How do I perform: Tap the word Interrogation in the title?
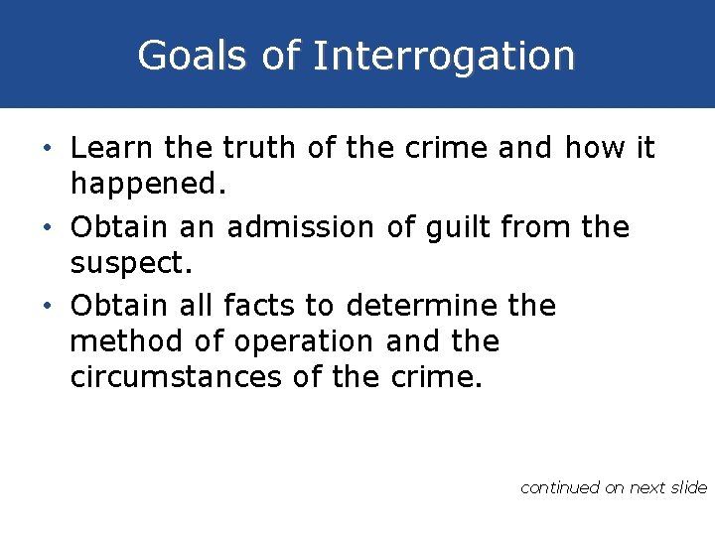click(x=444, y=57)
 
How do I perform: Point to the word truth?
click(x=260, y=149)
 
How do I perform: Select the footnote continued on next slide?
click(x=613, y=487)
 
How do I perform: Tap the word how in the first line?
click(x=595, y=149)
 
